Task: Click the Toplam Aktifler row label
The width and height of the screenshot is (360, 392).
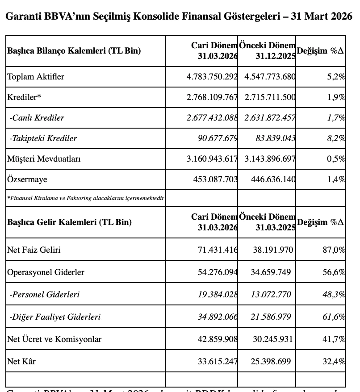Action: (36, 77)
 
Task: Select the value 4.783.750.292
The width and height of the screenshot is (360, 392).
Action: (212, 77)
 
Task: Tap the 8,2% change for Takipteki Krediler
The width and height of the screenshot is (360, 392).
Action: (336, 138)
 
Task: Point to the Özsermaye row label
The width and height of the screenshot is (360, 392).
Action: (27, 179)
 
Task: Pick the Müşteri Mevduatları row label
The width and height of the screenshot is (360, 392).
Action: (44, 159)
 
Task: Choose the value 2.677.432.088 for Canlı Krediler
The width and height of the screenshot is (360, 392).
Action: (212, 118)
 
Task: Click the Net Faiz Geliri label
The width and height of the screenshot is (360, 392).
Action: (33, 250)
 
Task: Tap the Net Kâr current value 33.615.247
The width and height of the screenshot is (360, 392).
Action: (218, 362)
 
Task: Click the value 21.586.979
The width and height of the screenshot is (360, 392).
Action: (272, 317)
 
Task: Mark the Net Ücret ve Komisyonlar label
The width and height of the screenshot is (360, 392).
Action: (54, 339)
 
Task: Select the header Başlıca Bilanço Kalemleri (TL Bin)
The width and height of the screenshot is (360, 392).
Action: (74, 51)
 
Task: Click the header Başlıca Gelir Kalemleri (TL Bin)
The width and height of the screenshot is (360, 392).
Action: (69, 222)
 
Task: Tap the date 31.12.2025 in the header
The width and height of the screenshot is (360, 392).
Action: (276, 56)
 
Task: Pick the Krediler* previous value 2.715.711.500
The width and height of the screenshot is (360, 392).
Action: (270, 97)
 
